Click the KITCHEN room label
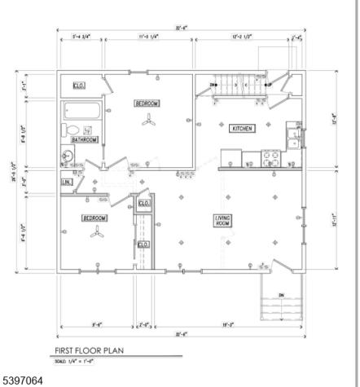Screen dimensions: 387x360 (243, 129)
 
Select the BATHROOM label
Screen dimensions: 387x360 (84, 139)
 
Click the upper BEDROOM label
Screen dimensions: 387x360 (147, 103)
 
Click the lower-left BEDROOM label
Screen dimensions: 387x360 (94, 218)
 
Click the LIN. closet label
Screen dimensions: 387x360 (67, 183)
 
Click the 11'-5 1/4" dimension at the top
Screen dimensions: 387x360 (148, 36)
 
